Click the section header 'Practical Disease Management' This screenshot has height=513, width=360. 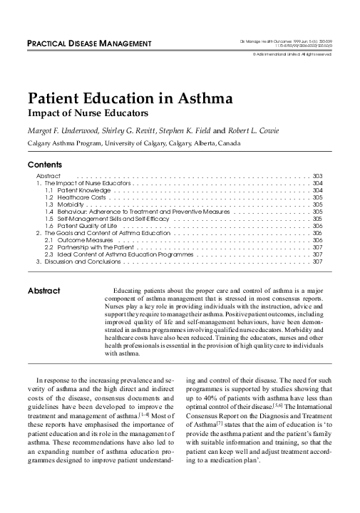(x=89, y=45)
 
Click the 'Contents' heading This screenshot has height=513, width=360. (x=43, y=165)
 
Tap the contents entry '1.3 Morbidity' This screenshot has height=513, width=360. (x=63, y=205)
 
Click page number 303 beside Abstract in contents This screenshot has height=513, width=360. (x=318, y=175)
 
